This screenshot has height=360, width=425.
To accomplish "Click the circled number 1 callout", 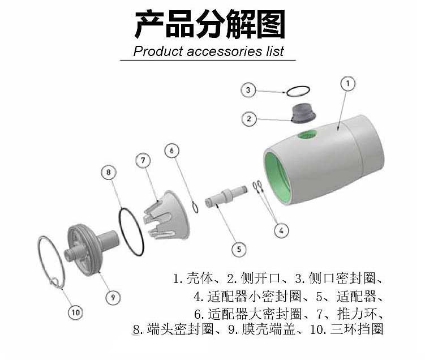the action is tap(347, 84).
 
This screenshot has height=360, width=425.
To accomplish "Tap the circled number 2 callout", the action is tap(249, 118).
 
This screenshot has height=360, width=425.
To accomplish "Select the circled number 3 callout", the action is tap(248, 90).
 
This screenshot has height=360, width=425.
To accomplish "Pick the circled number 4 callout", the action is tap(281, 230).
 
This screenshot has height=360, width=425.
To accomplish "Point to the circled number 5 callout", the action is tap(239, 249).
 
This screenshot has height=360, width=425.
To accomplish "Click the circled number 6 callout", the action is tap(172, 150).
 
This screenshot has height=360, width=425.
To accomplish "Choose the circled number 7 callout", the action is tap(143, 161).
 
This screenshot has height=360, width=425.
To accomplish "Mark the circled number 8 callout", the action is tap(109, 173).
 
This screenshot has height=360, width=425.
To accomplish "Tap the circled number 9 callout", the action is tap(113, 297).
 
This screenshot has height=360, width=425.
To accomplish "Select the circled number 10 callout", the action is tap(75, 312).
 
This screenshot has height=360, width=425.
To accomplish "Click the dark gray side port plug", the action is tap(303, 113).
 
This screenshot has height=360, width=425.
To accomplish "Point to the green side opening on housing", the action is tap(307, 135).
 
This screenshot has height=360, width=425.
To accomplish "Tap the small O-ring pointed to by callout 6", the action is tap(195, 207).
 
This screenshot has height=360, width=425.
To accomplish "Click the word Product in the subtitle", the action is tap(158, 51).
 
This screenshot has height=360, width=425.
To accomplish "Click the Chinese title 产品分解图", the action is tap(210, 24).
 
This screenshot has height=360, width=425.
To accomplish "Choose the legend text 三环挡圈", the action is tap(357, 329).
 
